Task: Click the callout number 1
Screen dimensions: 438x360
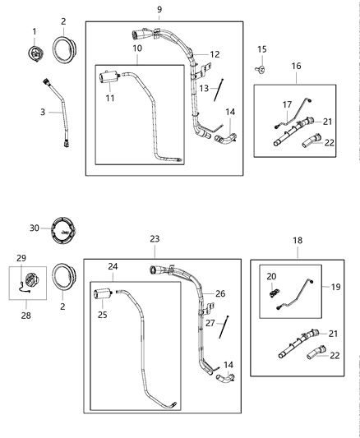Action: pos(35,31)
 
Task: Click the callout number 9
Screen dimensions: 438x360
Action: pos(159,9)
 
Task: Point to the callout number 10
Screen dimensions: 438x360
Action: pos(137,49)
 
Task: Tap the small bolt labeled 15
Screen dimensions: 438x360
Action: pos(262,71)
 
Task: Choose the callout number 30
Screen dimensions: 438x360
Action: pos(34,228)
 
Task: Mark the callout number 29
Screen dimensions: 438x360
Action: pos(22,258)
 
